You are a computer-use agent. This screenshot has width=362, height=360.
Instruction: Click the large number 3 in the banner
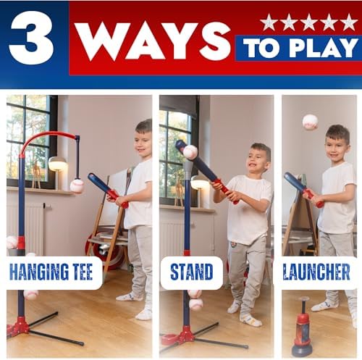coord(31,38)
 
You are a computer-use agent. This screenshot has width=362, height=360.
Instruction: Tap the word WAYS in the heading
coord(153,41)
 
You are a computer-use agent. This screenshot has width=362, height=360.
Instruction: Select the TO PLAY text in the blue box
coord(300,48)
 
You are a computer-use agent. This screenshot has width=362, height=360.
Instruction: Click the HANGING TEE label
coord(51,272)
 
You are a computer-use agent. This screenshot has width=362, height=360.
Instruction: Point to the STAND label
coord(192,272)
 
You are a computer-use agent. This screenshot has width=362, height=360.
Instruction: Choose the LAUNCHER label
coord(316,272)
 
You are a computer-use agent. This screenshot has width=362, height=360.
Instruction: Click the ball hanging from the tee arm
coord(77,185)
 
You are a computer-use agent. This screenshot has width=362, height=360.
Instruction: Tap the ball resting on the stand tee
coord(190,152)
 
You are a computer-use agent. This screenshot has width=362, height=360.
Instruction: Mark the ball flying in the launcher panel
coord(311,122)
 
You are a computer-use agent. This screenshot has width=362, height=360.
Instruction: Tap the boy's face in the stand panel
coord(258,162)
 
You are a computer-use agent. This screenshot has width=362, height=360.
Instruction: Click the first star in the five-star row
coord(269,22)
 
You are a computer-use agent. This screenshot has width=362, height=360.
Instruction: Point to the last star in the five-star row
coord(349,22)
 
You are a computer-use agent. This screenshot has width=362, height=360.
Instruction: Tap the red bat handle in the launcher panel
coord(313,198)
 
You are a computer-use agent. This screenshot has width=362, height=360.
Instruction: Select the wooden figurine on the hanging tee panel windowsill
coord(36,175)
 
